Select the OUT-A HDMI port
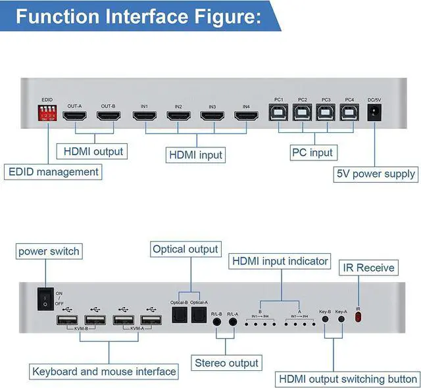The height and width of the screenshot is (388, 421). (x=74, y=116)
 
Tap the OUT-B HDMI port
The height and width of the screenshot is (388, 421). (x=108, y=116)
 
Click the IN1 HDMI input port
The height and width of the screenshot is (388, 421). (x=144, y=117)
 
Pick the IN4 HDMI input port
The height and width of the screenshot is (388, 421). (x=246, y=117)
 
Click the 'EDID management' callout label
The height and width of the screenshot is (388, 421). (x=54, y=172)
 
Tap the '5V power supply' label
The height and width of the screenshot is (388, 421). (x=376, y=174)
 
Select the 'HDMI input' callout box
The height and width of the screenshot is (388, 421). (x=196, y=155)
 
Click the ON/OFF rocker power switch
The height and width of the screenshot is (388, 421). (x=44, y=300)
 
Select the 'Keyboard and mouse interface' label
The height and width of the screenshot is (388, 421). (x=104, y=372)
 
